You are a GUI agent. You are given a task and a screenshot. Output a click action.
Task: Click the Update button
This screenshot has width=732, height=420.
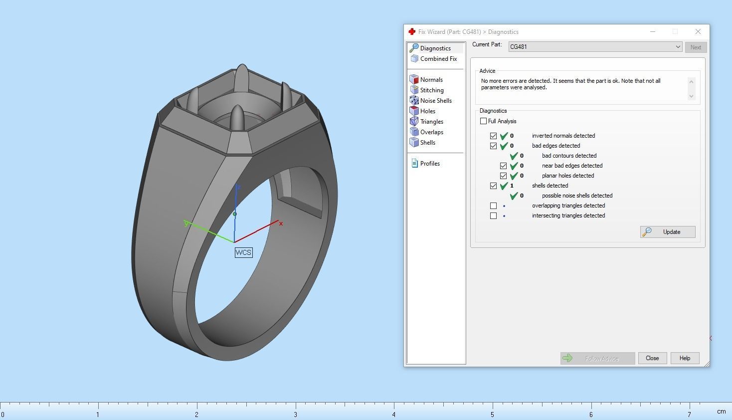click(668, 232)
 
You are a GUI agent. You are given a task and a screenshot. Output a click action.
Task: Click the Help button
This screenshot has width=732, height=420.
click(685, 358)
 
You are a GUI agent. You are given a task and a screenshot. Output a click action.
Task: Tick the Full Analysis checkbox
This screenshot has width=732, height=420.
click(483, 121)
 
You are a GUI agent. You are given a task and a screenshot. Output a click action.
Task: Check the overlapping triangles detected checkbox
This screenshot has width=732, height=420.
click(493, 206)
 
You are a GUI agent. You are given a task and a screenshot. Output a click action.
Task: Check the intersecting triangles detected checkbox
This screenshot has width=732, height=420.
click(493, 215)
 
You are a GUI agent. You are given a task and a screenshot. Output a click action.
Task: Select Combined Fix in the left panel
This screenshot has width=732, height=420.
click(438, 59)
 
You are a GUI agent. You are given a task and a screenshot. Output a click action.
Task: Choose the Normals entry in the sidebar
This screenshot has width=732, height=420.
click(431, 80)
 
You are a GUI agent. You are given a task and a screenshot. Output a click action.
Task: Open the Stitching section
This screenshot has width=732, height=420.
click(431, 90)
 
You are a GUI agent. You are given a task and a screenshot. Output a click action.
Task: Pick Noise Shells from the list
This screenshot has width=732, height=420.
click(435, 101)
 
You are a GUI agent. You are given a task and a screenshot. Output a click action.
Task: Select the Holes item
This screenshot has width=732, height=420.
click(427, 111)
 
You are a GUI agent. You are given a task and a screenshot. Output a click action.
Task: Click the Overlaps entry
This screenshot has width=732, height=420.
click(431, 132)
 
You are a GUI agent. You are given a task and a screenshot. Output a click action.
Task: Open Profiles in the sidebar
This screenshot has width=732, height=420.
click(429, 164)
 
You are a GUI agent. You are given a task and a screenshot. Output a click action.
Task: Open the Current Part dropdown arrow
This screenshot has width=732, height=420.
click(678, 47)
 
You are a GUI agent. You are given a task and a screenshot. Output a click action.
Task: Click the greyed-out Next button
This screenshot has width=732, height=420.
click(696, 47)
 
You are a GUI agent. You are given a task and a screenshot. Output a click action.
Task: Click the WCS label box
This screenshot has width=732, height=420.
click(243, 252)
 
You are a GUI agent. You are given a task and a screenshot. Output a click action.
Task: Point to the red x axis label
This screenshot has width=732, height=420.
click(281, 223)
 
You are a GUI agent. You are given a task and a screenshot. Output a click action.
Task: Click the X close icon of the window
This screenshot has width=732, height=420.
click(698, 31)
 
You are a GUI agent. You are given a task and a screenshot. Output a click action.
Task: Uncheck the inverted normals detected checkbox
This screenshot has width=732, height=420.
click(493, 136)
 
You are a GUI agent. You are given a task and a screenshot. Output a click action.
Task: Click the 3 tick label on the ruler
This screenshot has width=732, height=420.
click(295, 415)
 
